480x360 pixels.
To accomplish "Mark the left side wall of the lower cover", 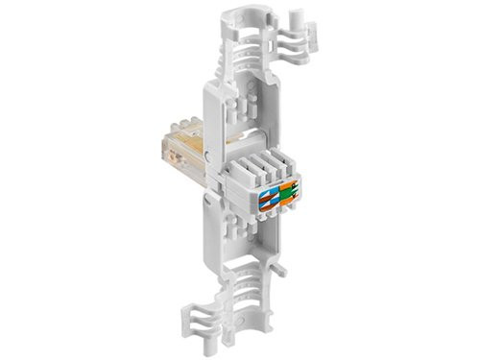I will (x=212, y=240).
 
